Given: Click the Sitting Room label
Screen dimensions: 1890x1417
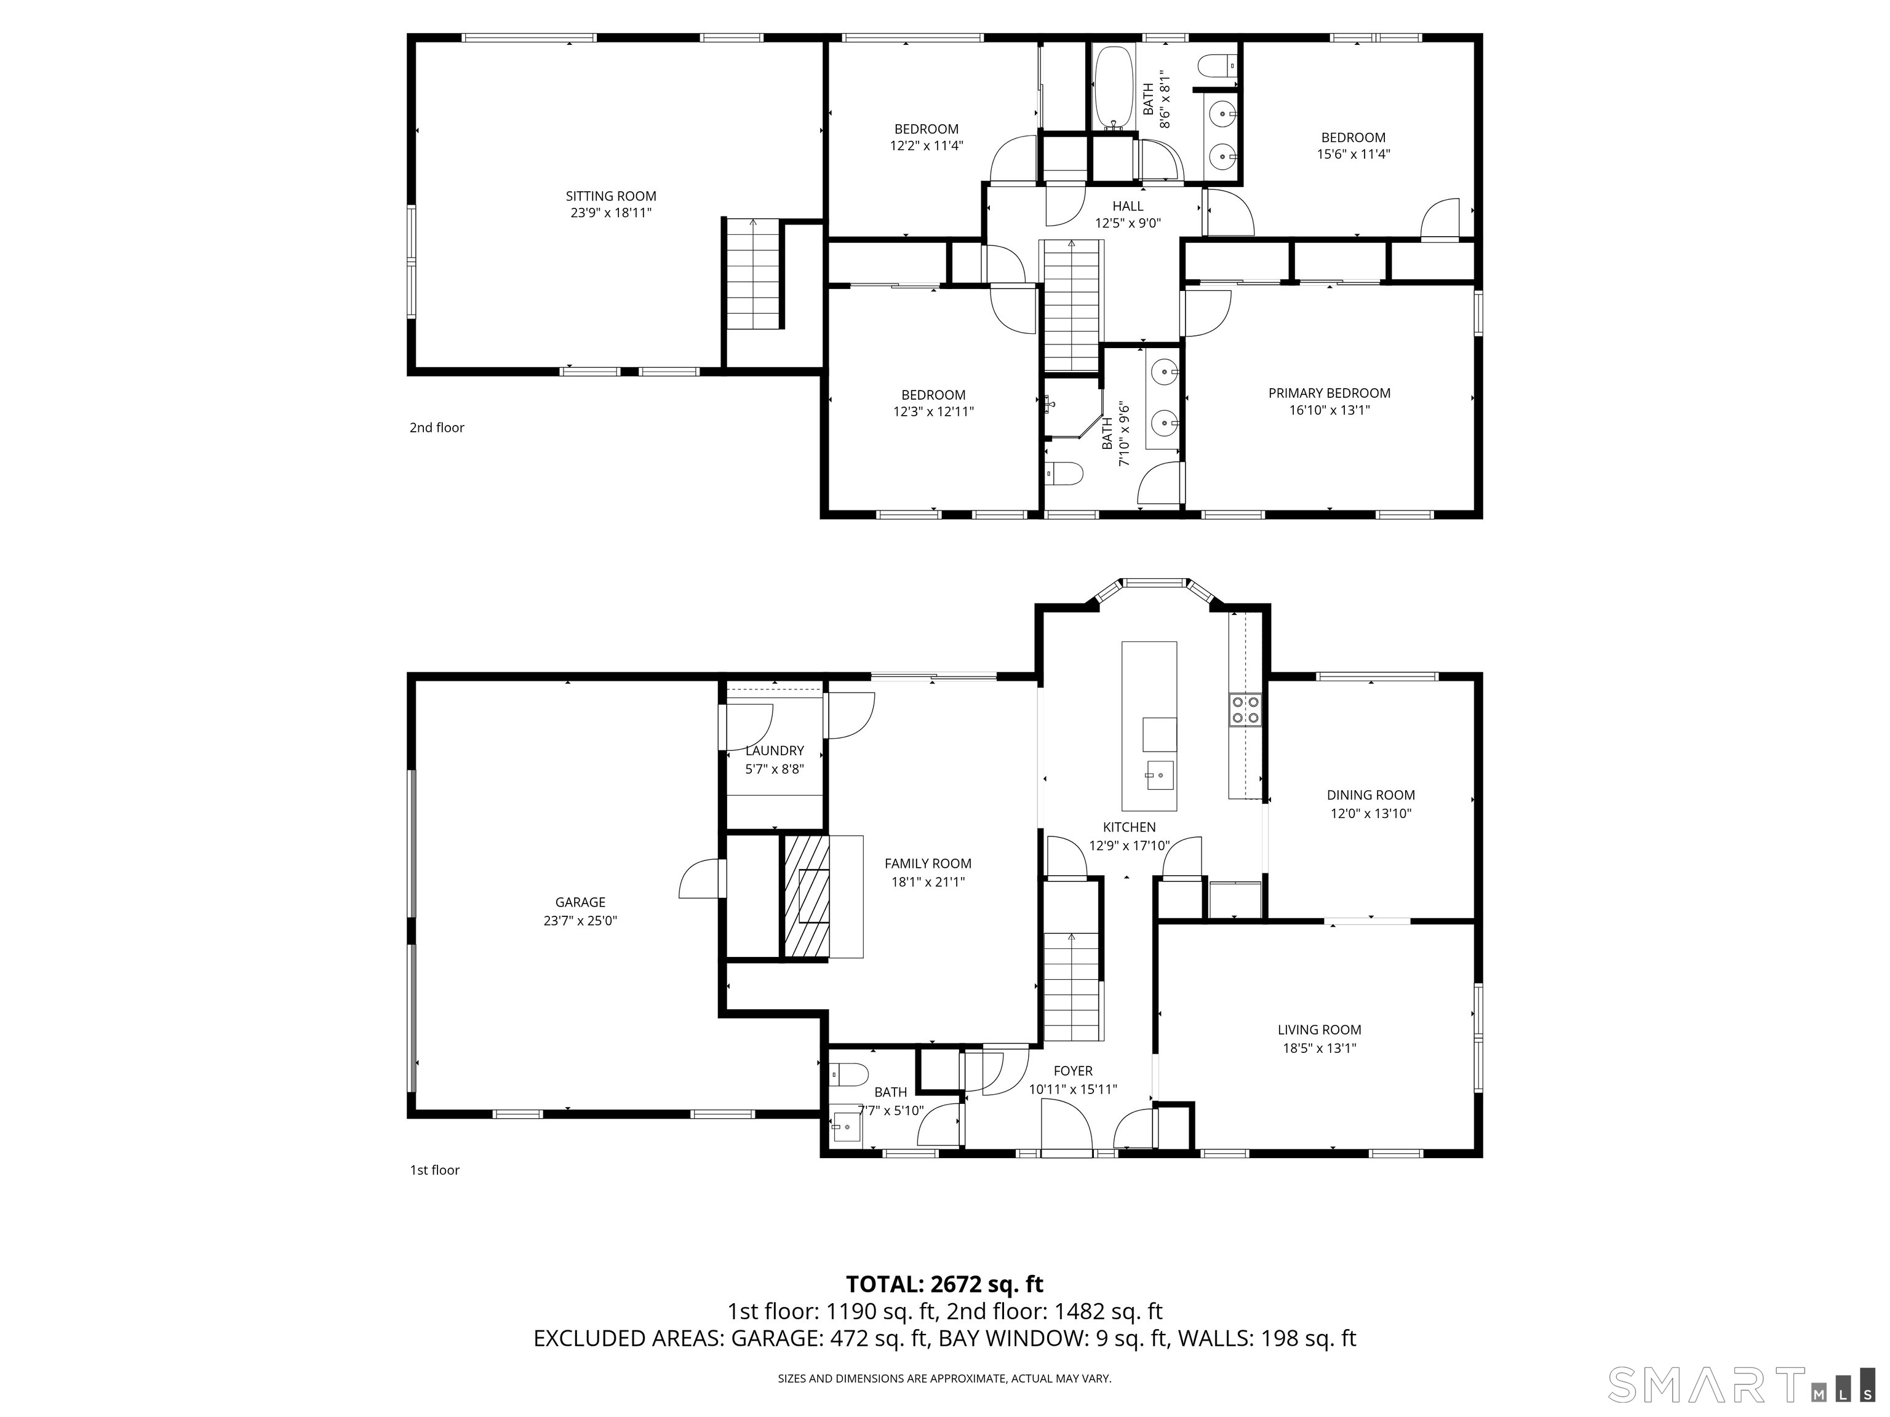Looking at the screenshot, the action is (x=611, y=196).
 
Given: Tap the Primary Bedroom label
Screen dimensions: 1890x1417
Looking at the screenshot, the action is (x=1330, y=393).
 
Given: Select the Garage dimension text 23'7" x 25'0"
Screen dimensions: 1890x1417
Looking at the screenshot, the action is (x=580, y=921).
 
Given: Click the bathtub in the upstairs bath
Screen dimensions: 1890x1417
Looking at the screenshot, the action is (x=1114, y=87).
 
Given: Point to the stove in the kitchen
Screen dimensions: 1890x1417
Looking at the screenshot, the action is (x=1245, y=710).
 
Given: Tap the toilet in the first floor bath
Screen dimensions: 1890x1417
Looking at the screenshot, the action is (x=848, y=1074).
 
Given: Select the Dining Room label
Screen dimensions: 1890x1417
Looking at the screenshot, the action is (x=1371, y=795).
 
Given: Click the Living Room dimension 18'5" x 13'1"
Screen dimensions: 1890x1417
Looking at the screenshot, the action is (x=1319, y=1048).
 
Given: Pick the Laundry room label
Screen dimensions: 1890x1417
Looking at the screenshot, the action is (x=774, y=751).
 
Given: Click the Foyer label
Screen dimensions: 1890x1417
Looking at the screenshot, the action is (x=1073, y=1071).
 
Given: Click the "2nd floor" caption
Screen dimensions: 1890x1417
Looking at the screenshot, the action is (x=437, y=427).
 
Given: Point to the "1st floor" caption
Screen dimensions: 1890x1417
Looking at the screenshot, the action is (x=435, y=1170).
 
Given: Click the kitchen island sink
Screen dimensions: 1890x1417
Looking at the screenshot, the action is (x=1160, y=775).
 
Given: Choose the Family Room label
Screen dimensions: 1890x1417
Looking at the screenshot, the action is (x=928, y=863).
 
